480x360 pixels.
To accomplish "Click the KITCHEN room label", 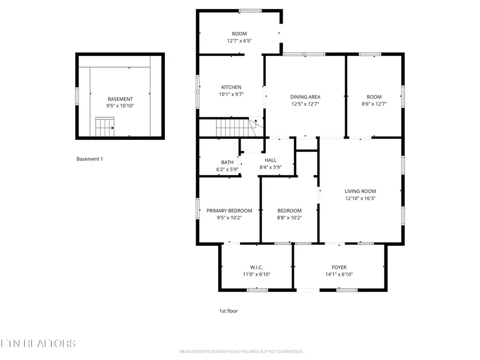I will pos(231,87).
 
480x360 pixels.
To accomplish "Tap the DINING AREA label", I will pos(305,97).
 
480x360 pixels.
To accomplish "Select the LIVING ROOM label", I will pos(360,191).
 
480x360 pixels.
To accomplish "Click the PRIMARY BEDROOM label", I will pos(229,211).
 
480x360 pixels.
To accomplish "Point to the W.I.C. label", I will pos(257,267).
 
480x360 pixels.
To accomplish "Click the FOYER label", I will pos(339,267).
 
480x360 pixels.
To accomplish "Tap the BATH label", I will pos(227,163).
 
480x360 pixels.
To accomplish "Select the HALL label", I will pos(270,160).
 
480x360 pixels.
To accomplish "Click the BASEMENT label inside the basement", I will pos(120,99).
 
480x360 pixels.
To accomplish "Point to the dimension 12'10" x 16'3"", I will pos(360,198).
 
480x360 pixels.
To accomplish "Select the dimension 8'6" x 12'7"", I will pos(374,104).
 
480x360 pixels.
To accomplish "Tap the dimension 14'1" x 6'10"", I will pos(339,275).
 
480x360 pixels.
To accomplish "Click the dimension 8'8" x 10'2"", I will pos(290,218).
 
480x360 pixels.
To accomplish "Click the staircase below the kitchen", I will pos(233,128).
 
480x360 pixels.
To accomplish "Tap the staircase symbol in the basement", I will pos(105,127).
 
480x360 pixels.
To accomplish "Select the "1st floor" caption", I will pos(229,311).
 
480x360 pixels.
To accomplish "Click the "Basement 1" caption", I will pos(90,159).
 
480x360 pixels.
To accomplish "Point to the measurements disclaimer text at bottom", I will pos(241,351).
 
